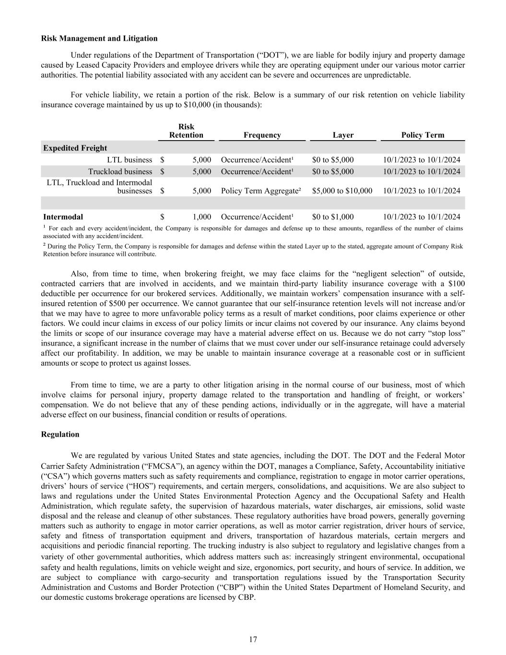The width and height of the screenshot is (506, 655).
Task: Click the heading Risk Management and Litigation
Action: [x=99, y=38]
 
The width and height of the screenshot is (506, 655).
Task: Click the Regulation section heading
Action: [x=60, y=434]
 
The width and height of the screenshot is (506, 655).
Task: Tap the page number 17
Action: [x=253, y=639]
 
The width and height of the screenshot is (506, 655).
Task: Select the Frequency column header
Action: [x=262, y=135]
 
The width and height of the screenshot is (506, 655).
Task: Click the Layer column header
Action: [x=343, y=135]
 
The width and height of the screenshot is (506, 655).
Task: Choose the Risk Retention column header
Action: [x=186, y=131]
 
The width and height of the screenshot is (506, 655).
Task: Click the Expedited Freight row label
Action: [x=75, y=148]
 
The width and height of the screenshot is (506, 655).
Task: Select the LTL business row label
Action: [x=129, y=160]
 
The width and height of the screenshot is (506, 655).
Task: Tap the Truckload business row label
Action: [x=120, y=171]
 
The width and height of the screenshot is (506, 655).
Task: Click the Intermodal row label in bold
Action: [x=63, y=217]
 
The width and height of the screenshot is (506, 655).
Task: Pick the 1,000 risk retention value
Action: [x=202, y=217]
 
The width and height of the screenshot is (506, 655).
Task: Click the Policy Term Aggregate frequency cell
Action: [x=261, y=191]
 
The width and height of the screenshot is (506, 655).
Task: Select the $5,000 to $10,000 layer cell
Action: [x=342, y=191]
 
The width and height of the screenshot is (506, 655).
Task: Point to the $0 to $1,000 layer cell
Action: [x=333, y=217]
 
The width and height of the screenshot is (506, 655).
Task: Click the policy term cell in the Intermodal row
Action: [x=422, y=217]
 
